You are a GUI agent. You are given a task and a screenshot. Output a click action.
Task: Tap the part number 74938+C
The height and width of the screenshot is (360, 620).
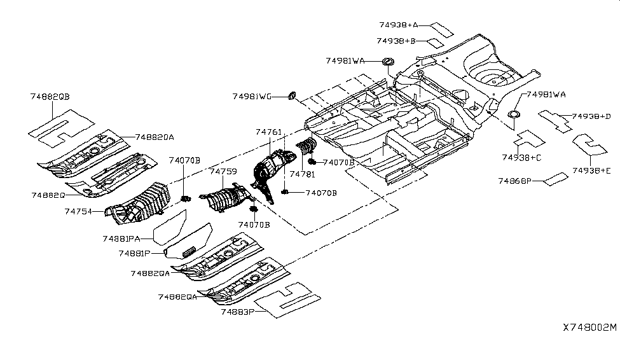click(x=521, y=157)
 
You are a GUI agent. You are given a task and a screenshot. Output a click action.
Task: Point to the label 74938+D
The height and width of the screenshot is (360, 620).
click(x=591, y=116)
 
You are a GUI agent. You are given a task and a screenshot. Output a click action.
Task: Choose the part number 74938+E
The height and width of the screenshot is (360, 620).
click(x=591, y=170)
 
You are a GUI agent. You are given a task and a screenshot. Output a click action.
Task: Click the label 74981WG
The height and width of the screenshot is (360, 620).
click(x=252, y=96)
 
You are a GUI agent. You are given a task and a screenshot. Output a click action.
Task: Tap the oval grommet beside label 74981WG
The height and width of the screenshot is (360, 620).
click(x=293, y=95)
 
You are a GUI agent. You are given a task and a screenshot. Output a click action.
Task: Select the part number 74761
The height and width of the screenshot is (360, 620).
click(x=269, y=132)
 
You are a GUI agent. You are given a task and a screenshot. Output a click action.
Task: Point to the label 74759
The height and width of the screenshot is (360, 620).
click(x=223, y=172)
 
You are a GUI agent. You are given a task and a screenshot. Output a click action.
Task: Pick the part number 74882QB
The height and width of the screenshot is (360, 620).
click(x=50, y=96)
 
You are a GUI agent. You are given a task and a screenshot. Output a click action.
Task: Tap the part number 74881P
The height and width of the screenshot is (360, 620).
click(x=134, y=253)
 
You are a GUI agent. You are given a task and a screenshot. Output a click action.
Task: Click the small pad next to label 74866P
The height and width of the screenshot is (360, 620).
click(x=555, y=178)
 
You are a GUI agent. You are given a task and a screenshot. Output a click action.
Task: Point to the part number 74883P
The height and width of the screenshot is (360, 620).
click(x=237, y=312)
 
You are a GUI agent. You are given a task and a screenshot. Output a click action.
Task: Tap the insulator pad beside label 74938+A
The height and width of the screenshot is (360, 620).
click(x=441, y=29)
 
